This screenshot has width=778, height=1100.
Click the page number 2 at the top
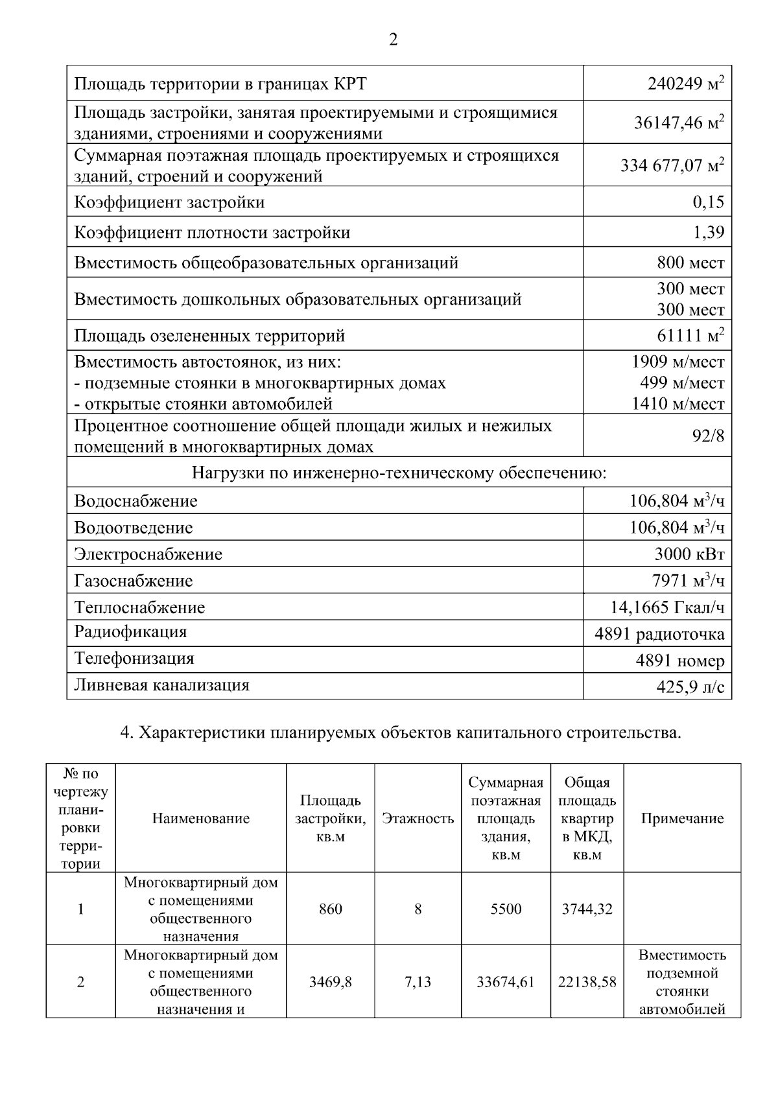click(393, 40)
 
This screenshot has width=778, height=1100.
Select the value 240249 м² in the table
click(685, 84)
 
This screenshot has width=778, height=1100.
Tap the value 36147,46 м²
click(678, 123)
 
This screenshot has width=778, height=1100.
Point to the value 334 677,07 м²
click(672, 165)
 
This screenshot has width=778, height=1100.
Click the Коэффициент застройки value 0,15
click(708, 202)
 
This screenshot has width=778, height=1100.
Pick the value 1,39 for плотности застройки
click(708, 232)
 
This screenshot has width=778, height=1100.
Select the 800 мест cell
click(690, 263)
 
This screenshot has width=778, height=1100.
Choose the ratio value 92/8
click(709, 436)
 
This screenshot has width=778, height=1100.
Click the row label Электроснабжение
click(148, 554)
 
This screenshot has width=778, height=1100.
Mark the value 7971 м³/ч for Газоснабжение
click(687, 580)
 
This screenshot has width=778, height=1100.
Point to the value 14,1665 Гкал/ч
click(667, 607)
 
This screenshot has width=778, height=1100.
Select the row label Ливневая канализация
click(161, 685)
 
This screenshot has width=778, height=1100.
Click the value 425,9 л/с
click(690, 686)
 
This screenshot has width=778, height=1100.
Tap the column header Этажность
click(418, 819)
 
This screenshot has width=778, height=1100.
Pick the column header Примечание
click(682, 819)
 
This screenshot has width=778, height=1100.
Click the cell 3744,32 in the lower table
click(587, 909)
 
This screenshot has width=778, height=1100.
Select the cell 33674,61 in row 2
click(506, 982)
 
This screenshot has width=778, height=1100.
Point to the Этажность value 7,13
click(418, 982)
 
